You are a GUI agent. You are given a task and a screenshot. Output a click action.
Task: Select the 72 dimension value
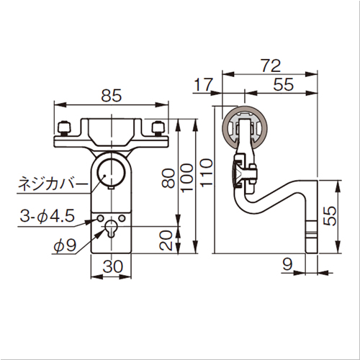pos(271,66)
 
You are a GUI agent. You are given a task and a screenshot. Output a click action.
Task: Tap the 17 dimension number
pos(203,84)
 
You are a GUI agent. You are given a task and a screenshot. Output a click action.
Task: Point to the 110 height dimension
pos(207,172)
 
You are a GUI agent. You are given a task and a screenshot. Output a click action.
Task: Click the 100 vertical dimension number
pos(187,178)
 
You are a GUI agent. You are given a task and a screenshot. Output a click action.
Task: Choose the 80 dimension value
pos(168,179)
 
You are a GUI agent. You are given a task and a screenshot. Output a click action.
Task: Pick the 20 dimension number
pos(166,240)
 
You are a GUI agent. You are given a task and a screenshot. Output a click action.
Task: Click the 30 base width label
pos(112,266)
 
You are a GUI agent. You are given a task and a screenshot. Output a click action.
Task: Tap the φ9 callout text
pos(65,246)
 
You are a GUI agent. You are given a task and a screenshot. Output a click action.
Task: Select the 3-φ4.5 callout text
pos(47,216)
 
